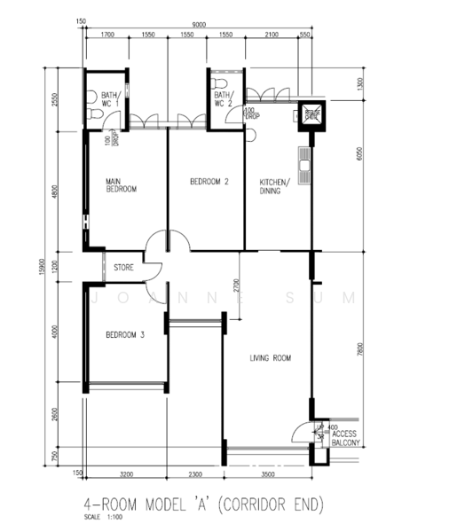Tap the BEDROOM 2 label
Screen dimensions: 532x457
coord(209,182)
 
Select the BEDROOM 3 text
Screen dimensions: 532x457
coord(125,335)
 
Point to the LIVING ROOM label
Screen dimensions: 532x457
coord(271,358)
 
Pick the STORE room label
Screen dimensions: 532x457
coord(123,266)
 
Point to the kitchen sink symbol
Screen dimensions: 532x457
coord(304,165)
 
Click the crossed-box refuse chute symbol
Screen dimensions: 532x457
coord(311,113)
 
